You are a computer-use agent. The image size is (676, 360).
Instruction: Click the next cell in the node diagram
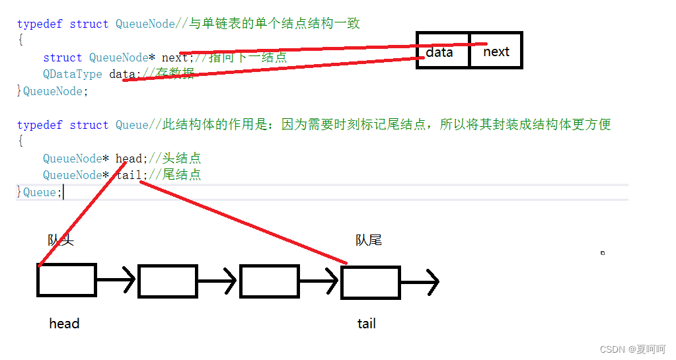coord(496,51)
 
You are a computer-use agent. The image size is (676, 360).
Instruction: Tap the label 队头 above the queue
coord(61,240)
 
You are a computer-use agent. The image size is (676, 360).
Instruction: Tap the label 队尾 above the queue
coord(369,240)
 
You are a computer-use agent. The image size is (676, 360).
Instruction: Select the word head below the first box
coord(64,324)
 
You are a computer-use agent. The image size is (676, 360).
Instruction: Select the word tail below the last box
coord(367,324)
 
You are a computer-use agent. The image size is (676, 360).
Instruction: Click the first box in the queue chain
coord(66,280)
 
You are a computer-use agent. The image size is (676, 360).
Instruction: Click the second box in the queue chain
coord(167,281)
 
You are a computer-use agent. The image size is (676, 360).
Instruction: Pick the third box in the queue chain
coord(268,281)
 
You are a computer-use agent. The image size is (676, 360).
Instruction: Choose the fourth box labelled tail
coord(371,282)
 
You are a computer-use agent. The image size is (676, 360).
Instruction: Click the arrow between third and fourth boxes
coord(320,281)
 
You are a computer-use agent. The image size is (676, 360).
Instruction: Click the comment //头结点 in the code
coord(174,158)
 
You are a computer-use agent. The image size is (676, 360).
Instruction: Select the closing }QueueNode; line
coord(52,91)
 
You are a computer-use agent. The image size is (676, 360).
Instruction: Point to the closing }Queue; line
coord(39,192)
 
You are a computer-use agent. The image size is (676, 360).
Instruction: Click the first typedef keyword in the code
coord(40,24)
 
